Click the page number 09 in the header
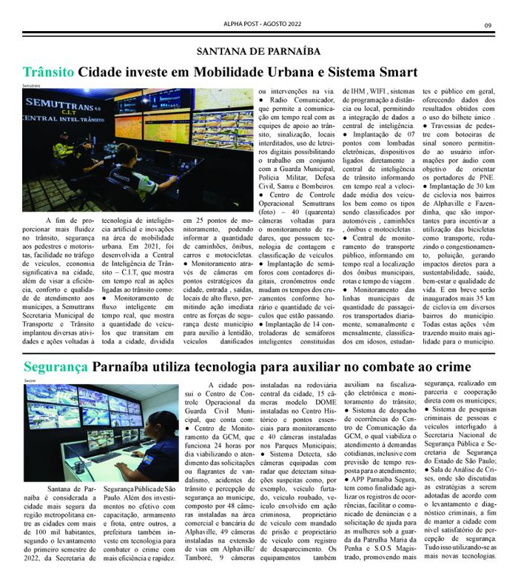(488, 27)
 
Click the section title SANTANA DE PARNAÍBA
(258, 51)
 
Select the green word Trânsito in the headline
(48, 73)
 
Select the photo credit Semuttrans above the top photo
(32, 86)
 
